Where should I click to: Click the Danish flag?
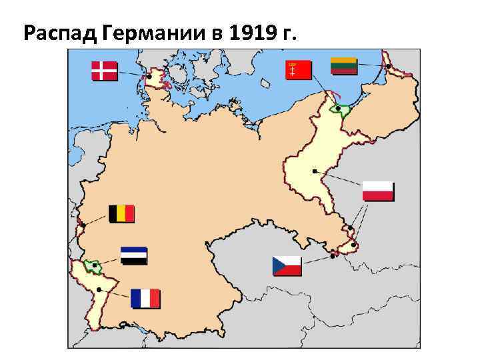pyautogui.click(x=104, y=71)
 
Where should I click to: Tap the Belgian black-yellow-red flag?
pyautogui.click(x=121, y=213)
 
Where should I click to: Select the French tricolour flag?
pyautogui.click(x=145, y=298)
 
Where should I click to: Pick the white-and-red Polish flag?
pyautogui.click(x=378, y=191)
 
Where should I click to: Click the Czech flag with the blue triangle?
pyautogui.click(x=287, y=266)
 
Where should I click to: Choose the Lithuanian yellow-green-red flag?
pyautogui.click(x=344, y=66)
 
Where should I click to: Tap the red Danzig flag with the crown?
pyautogui.click(x=299, y=69)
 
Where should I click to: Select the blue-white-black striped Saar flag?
pyautogui.click(x=134, y=256)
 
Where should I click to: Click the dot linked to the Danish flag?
pyautogui.click(x=149, y=77)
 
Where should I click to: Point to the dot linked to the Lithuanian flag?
pyautogui.click(x=388, y=66)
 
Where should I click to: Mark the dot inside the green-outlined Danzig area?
pyautogui.click(x=339, y=108)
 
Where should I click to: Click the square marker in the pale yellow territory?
pyautogui.click(x=314, y=171)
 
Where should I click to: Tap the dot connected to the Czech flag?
pyautogui.click(x=332, y=255)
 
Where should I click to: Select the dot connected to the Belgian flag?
pyautogui.click(x=83, y=225)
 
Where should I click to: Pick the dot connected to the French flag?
pyautogui.click(x=99, y=289)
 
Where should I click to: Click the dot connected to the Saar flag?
pyautogui.click(x=95, y=265)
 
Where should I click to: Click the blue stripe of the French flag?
pyautogui.click(x=136, y=298)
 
